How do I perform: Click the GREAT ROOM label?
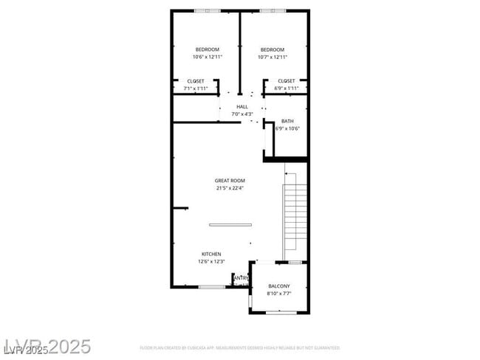tap(230, 181)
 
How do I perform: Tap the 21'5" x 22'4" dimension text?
tap(230, 188)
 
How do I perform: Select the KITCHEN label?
tap(211, 254)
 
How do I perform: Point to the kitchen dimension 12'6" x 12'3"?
tap(211, 261)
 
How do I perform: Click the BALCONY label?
tap(278, 286)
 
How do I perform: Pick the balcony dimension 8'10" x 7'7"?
tap(278, 294)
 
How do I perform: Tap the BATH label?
tap(287, 121)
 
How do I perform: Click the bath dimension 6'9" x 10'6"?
tap(287, 128)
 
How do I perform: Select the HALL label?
tap(242, 107)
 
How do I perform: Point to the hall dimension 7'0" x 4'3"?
tap(242, 114)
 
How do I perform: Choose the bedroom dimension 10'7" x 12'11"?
tap(272, 57)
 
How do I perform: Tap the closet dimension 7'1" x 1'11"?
tap(196, 88)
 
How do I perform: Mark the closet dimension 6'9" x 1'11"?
tap(287, 88)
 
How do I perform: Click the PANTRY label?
tap(241, 278)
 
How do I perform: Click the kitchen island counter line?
tap(230, 224)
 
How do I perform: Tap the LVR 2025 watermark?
tap(47, 346)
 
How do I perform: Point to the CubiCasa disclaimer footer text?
tap(239, 347)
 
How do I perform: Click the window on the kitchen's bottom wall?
tap(212, 286)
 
